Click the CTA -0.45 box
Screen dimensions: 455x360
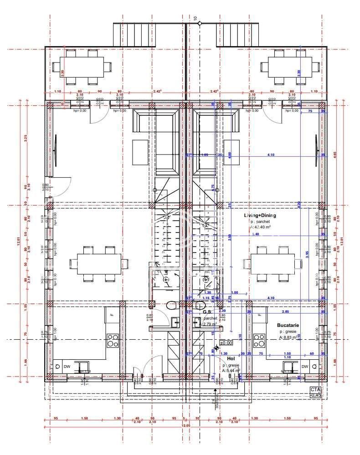pyautogui.click(x=315, y=392)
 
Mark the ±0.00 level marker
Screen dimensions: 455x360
pyautogui.click(x=226, y=342)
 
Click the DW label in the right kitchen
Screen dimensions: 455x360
pyautogui.click(x=305, y=366)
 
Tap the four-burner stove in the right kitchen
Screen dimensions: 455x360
pyautogui.click(x=259, y=340)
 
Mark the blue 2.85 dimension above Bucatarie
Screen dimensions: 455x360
pyautogui.click(x=285, y=312)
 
